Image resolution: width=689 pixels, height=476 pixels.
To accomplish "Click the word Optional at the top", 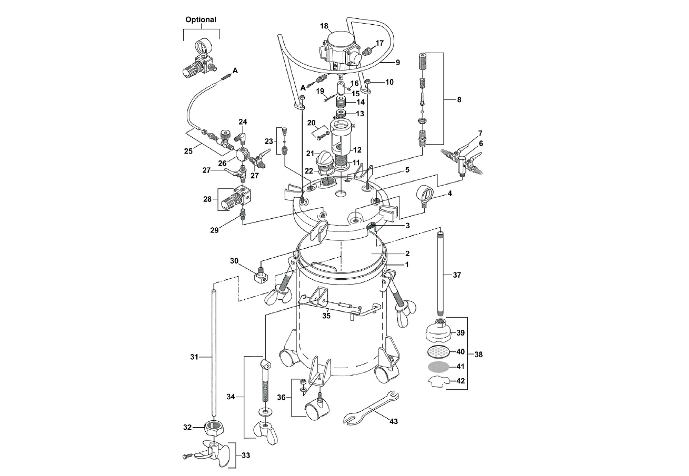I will click(x=201, y=19).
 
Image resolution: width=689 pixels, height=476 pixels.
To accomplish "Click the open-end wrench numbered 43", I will click(x=371, y=408).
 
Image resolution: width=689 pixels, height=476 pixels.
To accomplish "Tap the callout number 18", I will click(x=324, y=25).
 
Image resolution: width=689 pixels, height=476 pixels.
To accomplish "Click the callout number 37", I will click(x=456, y=275).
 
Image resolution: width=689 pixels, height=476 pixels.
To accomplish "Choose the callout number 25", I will click(x=188, y=151).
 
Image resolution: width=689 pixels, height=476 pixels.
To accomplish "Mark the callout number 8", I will click(x=459, y=99).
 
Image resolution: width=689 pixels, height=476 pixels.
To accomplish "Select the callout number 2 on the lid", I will click(x=407, y=253).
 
